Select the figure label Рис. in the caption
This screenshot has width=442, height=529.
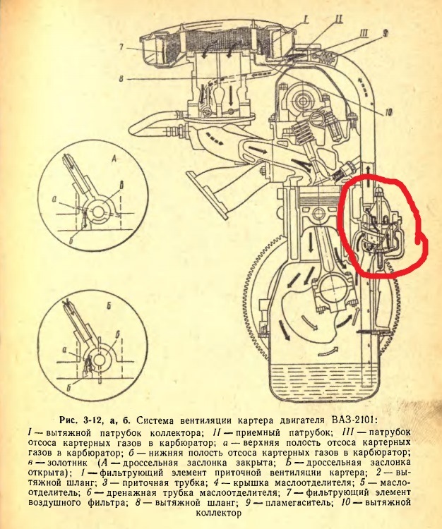coord(68,420)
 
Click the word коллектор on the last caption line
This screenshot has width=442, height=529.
coord(218,513)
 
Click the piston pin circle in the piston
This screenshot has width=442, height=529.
coord(318,214)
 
